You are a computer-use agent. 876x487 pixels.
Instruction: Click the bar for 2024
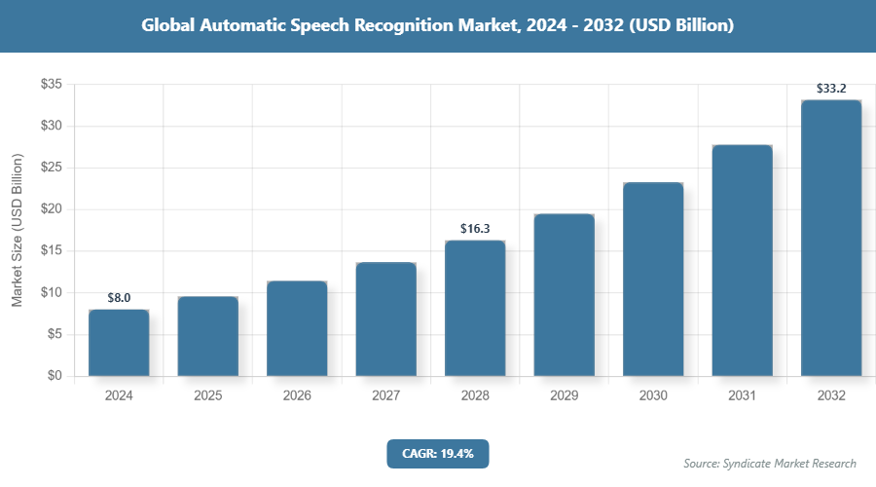[x=119, y=343]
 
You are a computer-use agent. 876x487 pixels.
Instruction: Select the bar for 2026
[x=297, y=328]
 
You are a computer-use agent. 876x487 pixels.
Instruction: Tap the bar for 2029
[x=565, y=295]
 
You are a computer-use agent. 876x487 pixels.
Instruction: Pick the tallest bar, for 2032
[x=831, y=238]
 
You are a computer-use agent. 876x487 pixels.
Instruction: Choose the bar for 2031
[x=742, y=260]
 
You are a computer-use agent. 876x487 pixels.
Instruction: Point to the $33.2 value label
[x=831, y=89]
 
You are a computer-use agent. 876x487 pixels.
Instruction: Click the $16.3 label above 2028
[x=475, y=229]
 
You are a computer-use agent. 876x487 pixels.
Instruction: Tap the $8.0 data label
[x=119, y=298]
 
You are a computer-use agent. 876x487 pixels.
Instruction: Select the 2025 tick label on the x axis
[x=208, y=396]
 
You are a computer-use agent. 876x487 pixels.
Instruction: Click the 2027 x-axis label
[x=386, y=396]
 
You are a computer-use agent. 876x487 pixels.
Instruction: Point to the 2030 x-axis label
[x=653, y=396]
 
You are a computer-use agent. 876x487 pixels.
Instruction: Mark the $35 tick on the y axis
[x=52, y=85]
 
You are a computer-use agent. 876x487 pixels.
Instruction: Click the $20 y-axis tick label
[x=52, y=209]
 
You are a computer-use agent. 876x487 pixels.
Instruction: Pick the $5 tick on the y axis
[x=55, y=334]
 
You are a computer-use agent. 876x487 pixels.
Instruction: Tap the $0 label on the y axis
[x=55, y=376]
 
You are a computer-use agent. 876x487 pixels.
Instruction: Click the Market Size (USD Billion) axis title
[x=17, y=230]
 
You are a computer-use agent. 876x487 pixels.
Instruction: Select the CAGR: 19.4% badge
[x=437, y=454]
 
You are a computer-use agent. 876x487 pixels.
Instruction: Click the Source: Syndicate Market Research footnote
[x=770, y=463]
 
